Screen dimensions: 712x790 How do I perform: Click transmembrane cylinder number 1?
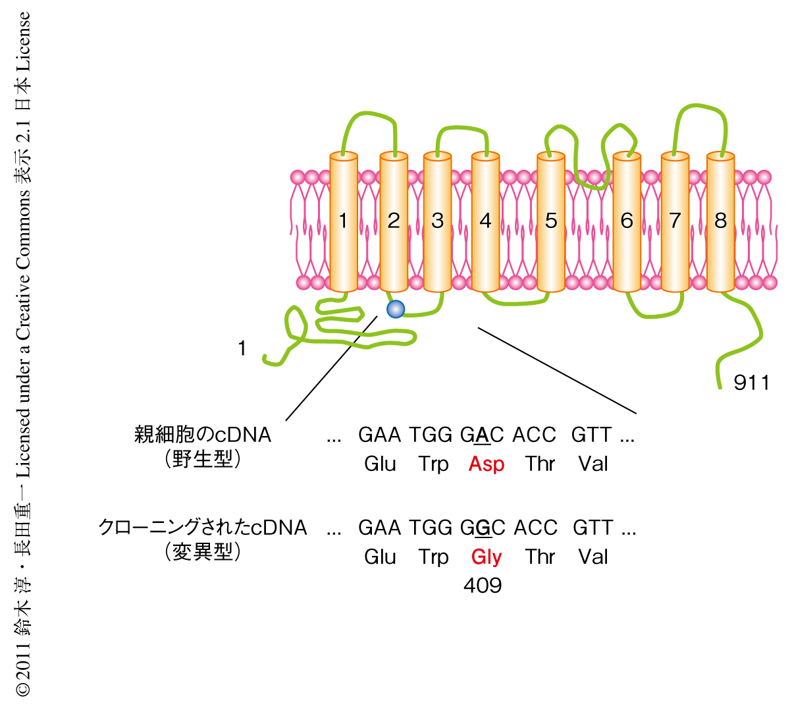pyautogui.click(x=343, y=221)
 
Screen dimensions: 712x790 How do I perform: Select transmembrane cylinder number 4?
pyautogui.click(x=485, y=221)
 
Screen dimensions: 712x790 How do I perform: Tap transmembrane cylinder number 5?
pyautogui.click(x=551, y=221)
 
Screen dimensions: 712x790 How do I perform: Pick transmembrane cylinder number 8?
pyautogui.click(x=720, y=221)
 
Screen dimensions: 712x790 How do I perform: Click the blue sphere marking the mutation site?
pyautogui.click(x=395, y=308)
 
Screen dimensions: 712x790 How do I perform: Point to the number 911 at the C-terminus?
pyautogui.click(x=751, y=383)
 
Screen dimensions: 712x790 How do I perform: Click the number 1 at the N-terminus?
pyautogui.click(x=242, y=348)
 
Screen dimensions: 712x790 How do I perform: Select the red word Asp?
pyautogui.click(x=487, y=464)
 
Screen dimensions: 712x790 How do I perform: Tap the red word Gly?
pyautogui.click(x=487, y=557)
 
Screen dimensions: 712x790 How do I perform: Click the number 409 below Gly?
pyautogui.click(x=483, y=586)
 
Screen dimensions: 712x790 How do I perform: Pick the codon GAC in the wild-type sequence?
pyautogui.click(x=482, y=435)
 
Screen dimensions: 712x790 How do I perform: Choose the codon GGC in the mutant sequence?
pyautogui.click(x=483, y=528)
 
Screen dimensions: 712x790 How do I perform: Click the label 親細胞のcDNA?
pyautogui.click(x=203, y=435)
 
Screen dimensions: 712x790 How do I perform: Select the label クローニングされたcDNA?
pyautogui.click(x=203, y=528)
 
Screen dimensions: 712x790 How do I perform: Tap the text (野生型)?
pyautogui.click(x=203, y=459)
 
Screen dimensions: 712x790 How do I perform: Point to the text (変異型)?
pyautogui.click(x=203, y=552)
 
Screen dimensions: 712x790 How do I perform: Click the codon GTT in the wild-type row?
pyautogui.click(x=591, y=435)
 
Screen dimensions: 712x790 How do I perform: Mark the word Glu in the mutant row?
pyautogui.click(x=380, y=557)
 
